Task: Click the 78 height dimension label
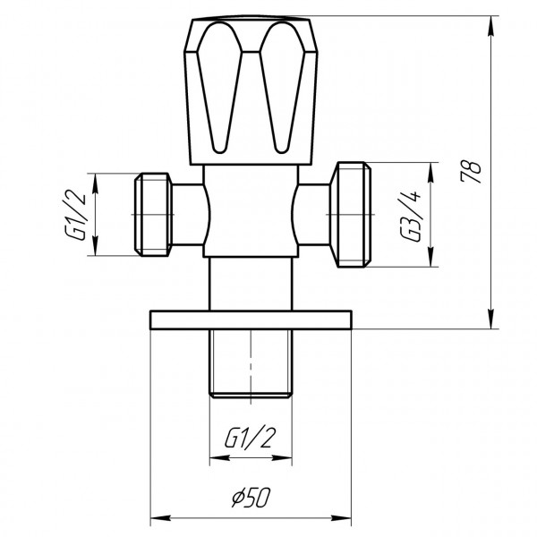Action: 474,170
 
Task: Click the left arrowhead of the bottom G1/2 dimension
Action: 216,457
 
